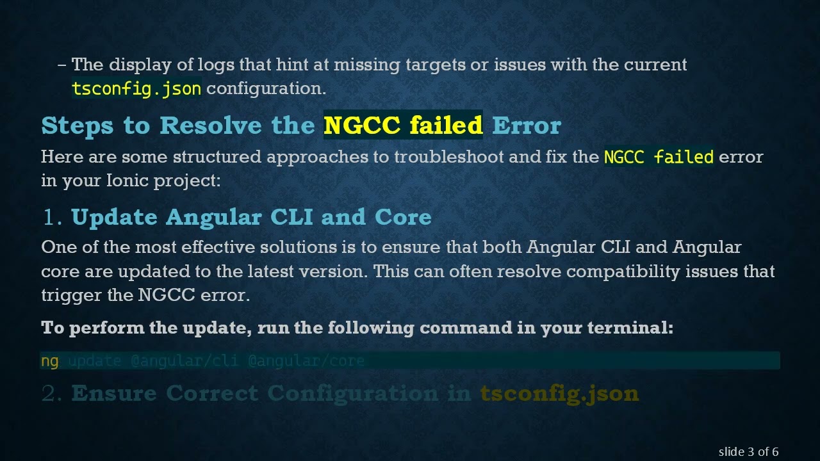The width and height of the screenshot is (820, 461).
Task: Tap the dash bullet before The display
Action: tap(61, 65)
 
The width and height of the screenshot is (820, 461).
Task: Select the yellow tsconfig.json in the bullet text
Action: tap(136, 88)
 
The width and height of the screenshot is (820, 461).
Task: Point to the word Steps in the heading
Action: tap(79, 125)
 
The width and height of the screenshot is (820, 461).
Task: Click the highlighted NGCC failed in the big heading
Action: tap(403, 125)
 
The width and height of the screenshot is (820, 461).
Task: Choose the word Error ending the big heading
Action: tap(526, 125)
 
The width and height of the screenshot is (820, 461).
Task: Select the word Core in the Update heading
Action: tap(403, 218)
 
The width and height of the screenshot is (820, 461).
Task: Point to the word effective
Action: tap(218, 247)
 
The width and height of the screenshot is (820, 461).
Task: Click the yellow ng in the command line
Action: tap(49, 361)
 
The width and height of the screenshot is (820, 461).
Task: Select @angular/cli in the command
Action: tap(184, 361)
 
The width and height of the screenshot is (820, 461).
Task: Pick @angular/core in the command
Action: tap(306, 361)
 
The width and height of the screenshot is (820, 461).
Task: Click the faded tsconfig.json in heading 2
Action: tap(559, 393)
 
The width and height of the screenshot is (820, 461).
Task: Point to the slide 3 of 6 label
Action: tap(748, 452)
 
